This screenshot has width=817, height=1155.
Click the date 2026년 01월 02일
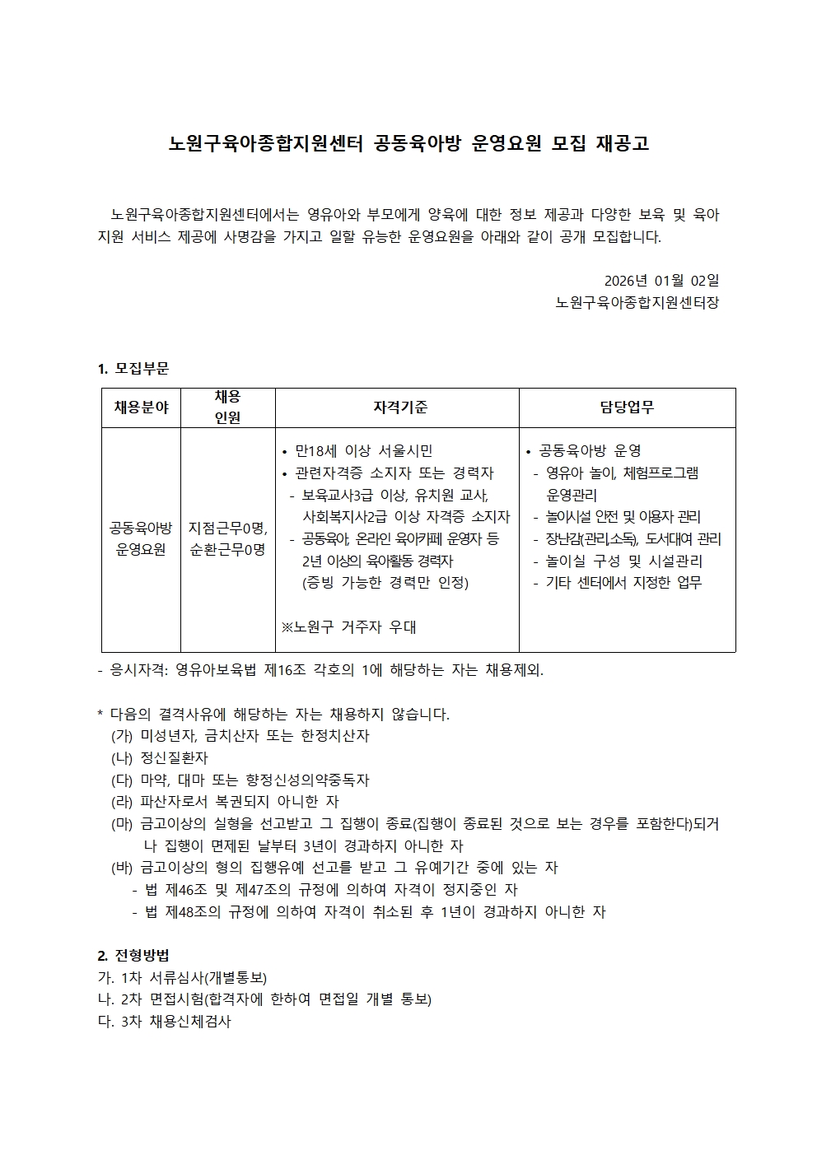[661, 281]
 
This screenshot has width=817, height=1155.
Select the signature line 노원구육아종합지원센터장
[637, 303]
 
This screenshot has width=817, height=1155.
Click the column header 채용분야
[141, 408]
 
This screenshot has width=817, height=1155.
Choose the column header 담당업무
[627, 408]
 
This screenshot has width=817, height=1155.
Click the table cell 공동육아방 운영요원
[141, 538]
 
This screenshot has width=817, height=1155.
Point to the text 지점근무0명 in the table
[226, 528]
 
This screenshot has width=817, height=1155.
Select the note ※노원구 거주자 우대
[348, 627]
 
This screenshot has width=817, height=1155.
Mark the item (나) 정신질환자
[160, 757]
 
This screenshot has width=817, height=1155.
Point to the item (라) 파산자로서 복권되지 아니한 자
[225, 801]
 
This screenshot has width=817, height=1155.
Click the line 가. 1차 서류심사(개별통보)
[181, 978]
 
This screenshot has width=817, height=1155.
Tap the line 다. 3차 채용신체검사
[164, 1022]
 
